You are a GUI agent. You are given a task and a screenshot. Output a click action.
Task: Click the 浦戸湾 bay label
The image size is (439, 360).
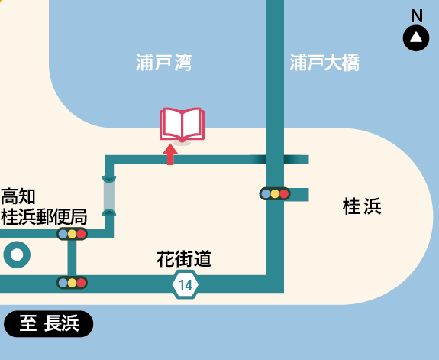(164, 63)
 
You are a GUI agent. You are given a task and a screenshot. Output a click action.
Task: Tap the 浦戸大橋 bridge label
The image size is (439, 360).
(324, 63)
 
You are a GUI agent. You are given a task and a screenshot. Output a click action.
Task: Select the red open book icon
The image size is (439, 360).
(182, 125)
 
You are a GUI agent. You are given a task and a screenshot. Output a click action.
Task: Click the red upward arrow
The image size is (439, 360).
(170, 154)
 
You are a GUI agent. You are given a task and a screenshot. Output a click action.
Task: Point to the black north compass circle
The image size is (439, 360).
(416, 38)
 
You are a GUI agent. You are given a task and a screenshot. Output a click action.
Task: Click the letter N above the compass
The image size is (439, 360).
(417, 16)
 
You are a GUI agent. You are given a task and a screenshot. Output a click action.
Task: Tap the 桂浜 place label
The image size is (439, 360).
(362, 206)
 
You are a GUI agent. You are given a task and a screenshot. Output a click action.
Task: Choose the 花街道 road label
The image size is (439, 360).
(184, 259)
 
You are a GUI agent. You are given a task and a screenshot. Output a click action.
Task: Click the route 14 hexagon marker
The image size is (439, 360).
(186, 284)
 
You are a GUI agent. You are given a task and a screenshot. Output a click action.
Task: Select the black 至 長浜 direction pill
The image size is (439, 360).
(48, 324)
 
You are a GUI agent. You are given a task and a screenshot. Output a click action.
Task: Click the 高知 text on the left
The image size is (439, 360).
(18, 196)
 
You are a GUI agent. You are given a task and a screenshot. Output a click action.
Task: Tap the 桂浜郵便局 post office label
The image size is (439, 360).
(44, 217)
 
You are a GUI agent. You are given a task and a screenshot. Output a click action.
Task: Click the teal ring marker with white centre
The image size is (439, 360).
(17, 255)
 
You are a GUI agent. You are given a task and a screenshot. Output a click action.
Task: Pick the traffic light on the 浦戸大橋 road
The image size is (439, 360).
(275, 193)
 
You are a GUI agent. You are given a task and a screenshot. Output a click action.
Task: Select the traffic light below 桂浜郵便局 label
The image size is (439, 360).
(72, 234)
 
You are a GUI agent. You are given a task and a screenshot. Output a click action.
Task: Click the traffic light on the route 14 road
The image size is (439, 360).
(72, 283)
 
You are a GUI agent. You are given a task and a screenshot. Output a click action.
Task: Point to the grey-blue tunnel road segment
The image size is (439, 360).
(109, 196)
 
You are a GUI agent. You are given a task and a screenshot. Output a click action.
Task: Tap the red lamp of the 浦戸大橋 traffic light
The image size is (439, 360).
(284, 193)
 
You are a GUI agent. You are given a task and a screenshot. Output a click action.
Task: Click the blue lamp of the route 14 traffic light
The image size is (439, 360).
(63, 283)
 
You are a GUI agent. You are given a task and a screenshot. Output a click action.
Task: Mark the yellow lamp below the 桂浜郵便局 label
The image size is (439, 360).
(72, 234)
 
